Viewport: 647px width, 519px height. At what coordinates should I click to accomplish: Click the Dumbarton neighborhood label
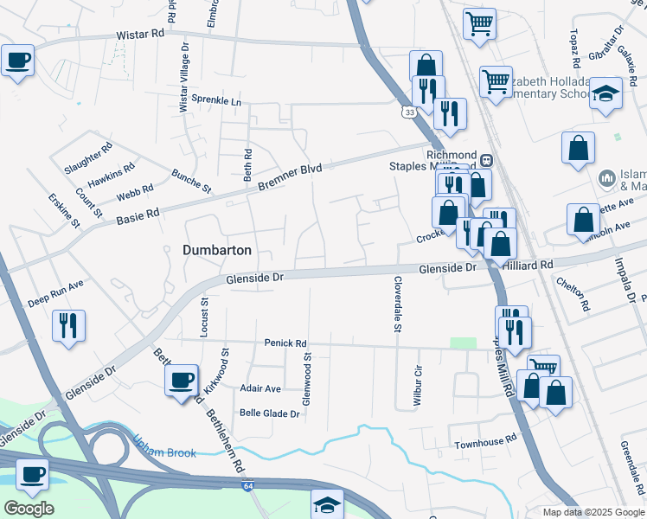tap(217, 250)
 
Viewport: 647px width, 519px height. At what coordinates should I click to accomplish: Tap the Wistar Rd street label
tap(140, 35)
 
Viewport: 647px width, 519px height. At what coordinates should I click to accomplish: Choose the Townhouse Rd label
tap(486, 443)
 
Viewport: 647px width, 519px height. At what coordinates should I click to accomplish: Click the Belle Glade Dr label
tap(269, 413)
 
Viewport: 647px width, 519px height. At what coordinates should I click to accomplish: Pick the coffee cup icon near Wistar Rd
tap(17, 61)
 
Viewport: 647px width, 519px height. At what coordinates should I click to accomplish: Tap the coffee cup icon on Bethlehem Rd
tap(182, 380)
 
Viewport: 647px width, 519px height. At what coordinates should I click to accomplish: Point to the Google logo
tap(29, 509)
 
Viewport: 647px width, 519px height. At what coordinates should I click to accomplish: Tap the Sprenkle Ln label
tap(216, 100)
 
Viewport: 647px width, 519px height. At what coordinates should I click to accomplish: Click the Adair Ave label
tap(260, 389)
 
